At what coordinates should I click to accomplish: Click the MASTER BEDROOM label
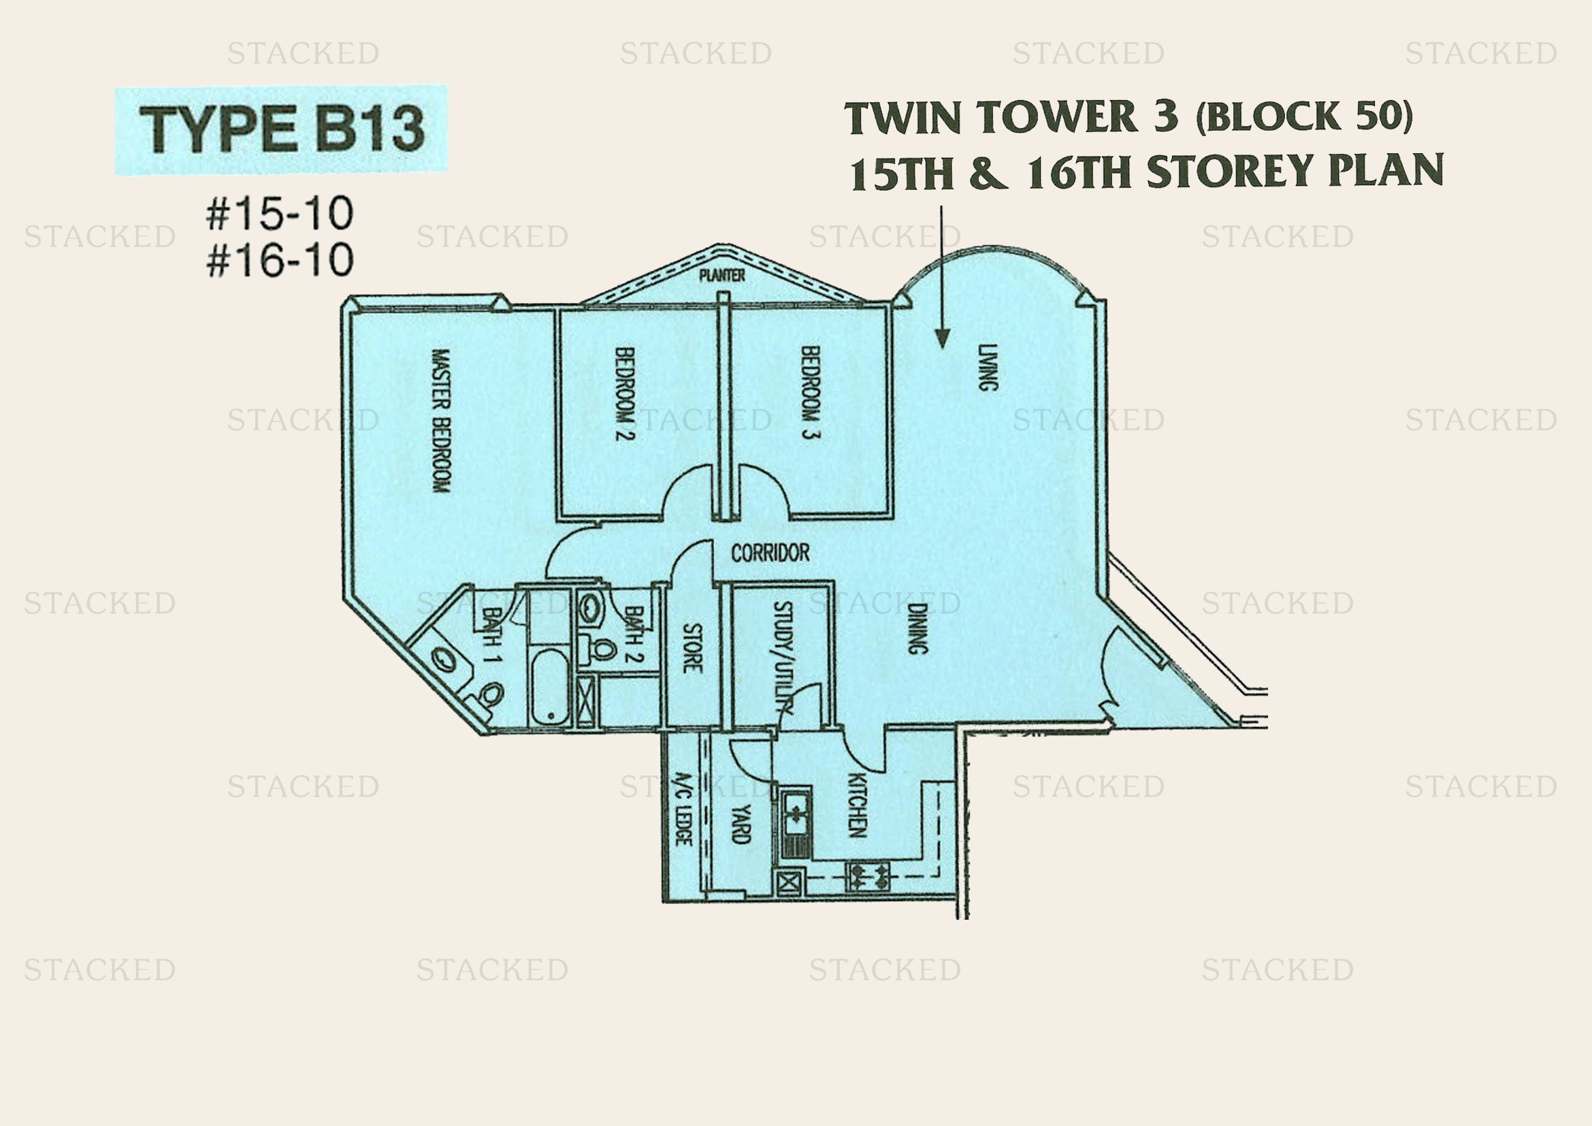click(441, 421)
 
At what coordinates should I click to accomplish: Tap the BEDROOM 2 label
click(625, 393)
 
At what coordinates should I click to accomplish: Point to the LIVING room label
click(988, 368)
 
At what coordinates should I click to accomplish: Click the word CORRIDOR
click(770, 553)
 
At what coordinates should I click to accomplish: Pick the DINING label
click(917, 629)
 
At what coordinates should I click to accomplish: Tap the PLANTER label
click(721, 276)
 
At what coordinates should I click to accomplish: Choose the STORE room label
click(692, 648)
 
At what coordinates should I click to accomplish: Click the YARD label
click(741, 824)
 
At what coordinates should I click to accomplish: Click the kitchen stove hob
click(868, 877)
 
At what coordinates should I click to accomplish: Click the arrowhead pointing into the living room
click(941, 338)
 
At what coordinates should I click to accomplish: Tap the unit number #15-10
click(280, 213)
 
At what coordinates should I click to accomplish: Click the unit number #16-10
click(280, 260)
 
